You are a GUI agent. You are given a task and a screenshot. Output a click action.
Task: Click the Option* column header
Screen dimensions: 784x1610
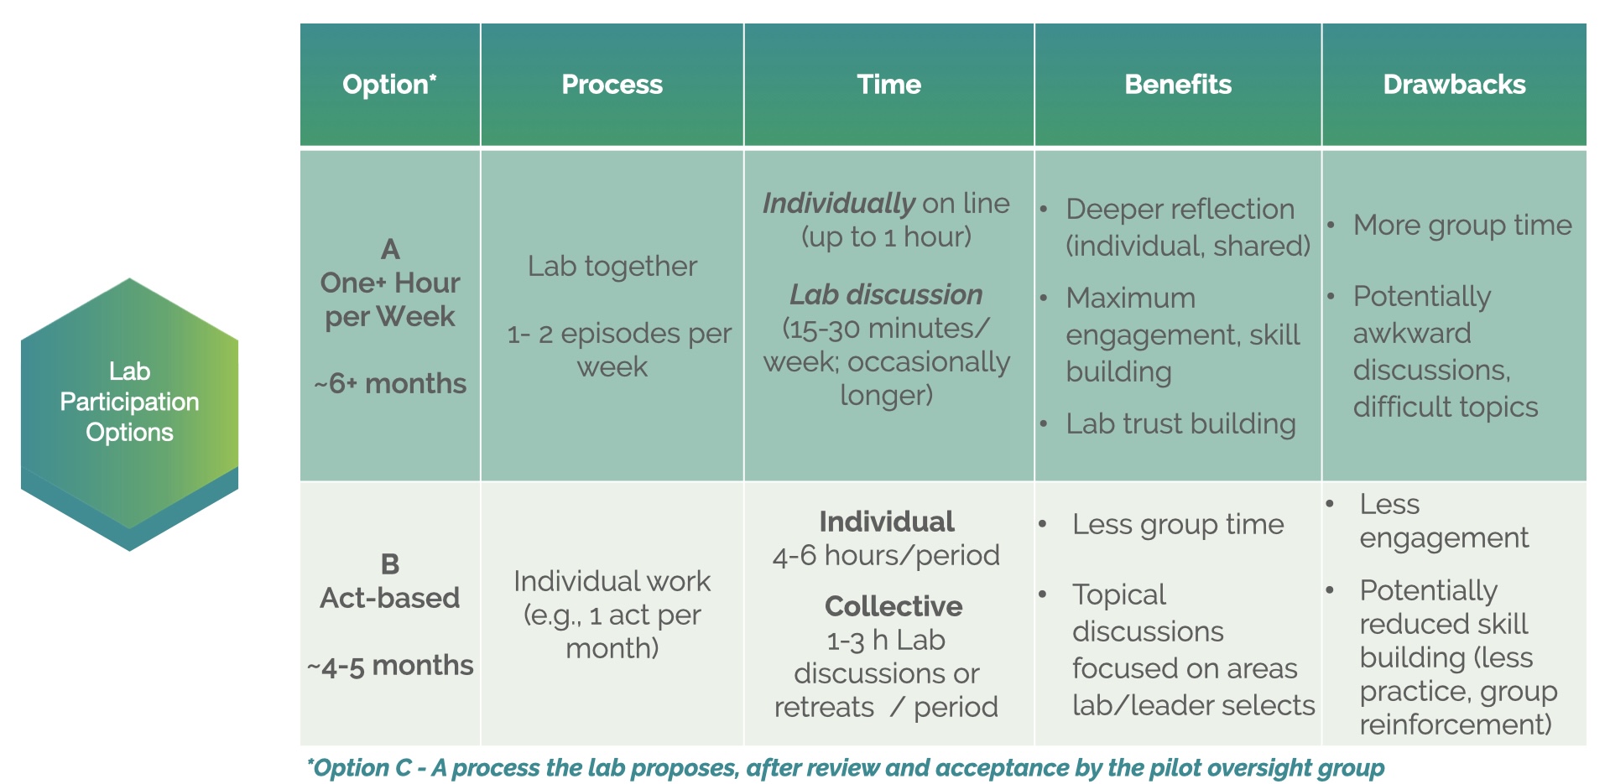point(389,85)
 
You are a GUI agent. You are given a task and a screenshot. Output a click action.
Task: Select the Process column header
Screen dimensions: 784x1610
point(612,85)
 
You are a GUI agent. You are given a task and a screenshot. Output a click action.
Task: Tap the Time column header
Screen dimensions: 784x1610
point(888,85)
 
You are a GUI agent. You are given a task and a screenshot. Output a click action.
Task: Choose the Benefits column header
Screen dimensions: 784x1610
point(1177,85)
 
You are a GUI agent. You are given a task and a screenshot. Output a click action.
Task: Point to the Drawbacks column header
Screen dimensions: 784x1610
point(1454,85)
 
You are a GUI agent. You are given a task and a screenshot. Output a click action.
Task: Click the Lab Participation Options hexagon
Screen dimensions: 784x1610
point(129,402)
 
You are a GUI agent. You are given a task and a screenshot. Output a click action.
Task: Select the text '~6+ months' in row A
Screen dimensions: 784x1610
point(390,383)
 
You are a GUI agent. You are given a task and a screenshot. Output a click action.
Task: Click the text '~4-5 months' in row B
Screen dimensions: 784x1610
point(390,665)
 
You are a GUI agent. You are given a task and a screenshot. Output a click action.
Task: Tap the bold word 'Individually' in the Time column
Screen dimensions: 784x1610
point(838,203)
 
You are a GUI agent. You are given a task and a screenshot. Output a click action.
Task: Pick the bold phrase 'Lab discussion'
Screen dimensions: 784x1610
point(886,294)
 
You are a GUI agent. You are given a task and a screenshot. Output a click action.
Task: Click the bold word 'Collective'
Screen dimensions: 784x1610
point(894,605)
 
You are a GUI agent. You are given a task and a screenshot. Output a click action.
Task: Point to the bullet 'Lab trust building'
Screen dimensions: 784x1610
point(1180,423)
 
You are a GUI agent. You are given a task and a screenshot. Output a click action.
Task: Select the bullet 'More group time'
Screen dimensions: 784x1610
point(1462,225)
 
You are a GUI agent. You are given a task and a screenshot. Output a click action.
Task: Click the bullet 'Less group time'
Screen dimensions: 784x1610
point(1177,524)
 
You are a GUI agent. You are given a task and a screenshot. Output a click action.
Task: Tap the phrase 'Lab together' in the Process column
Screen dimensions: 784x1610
point(612,266)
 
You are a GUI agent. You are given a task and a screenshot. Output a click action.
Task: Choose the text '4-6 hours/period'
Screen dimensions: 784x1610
point(886,555)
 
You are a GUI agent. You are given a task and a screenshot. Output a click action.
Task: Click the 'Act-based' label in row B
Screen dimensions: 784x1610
point(390,598)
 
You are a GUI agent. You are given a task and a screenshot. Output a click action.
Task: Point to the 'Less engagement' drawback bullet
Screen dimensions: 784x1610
point(1443,521)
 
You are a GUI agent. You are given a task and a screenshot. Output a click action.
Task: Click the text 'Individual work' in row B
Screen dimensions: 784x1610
point(612,581)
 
